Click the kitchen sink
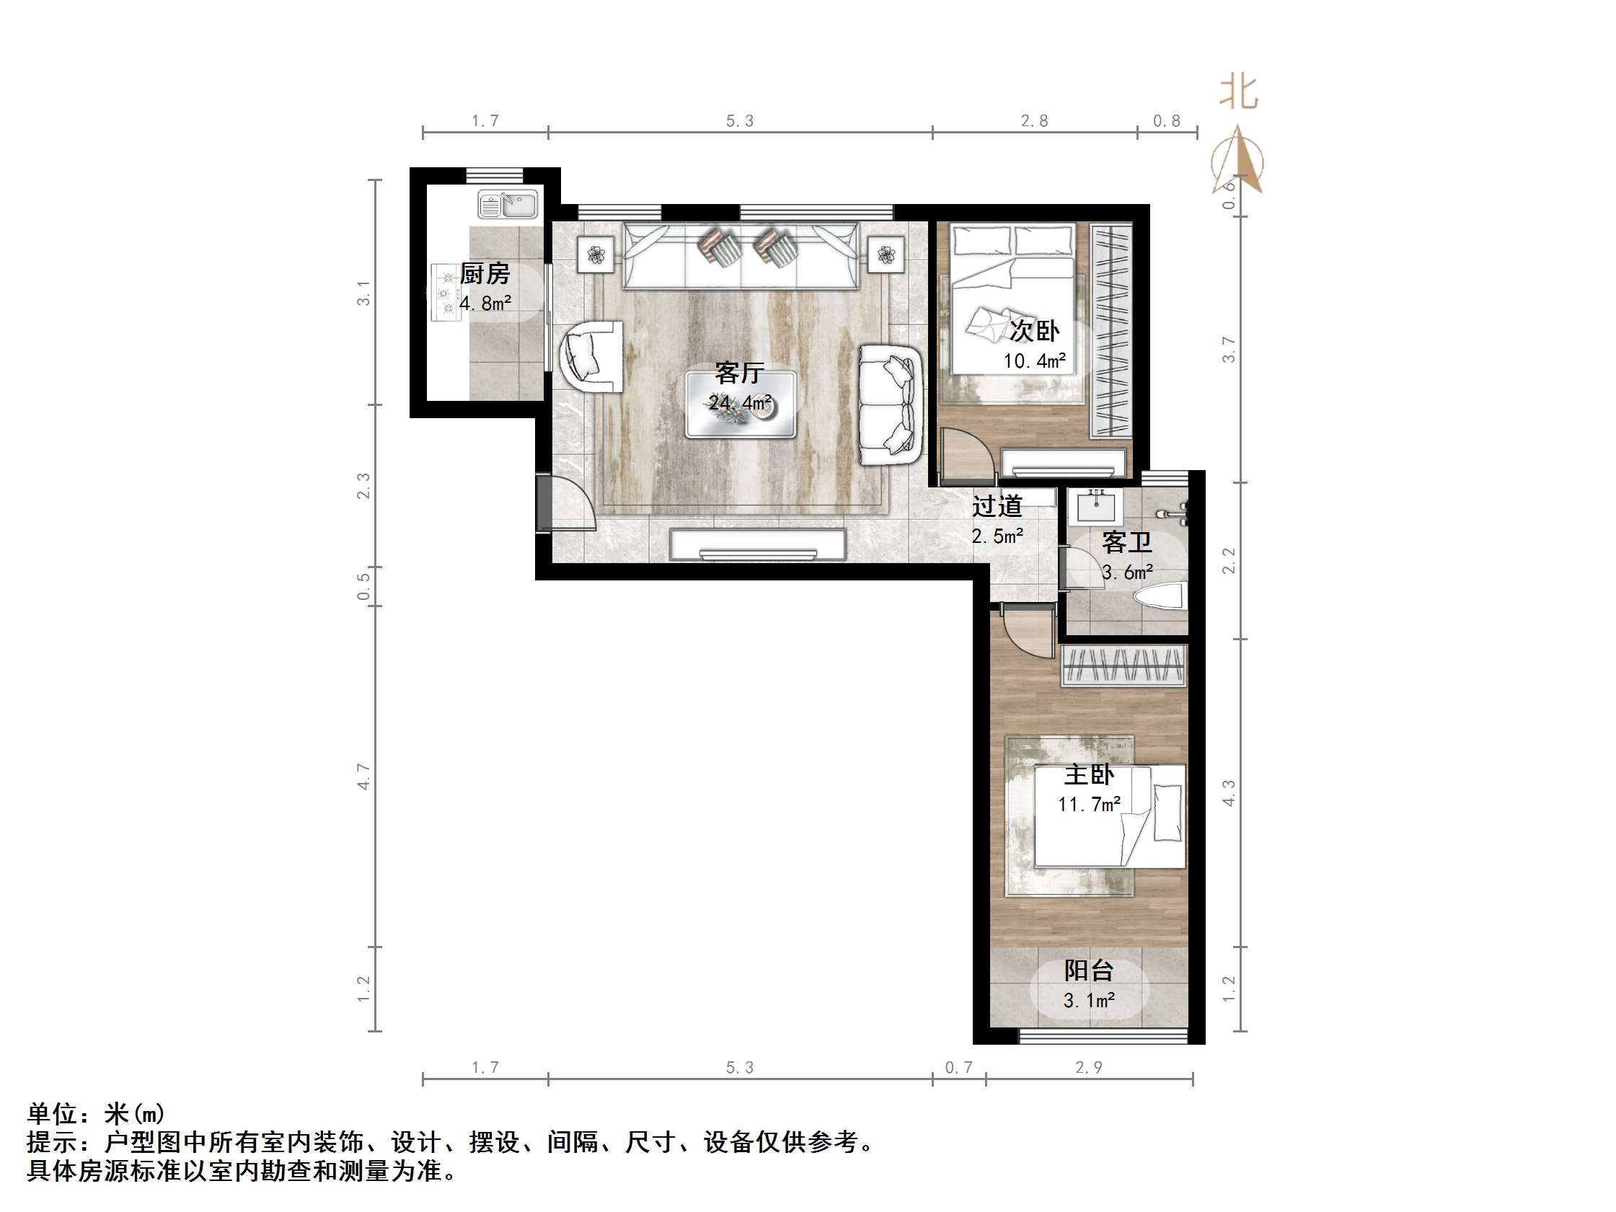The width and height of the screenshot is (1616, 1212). [x=508, y=204]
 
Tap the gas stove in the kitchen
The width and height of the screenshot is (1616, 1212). [x=443, y=292]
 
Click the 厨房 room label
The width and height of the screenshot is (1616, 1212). [x=485, y=274]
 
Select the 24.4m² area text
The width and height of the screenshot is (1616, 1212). [x=739, y=402]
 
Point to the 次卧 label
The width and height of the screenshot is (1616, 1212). [x=1035, y=331]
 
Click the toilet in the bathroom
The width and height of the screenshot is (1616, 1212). [x=1161, y=596]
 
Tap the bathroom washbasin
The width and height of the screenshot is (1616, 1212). [x=1096, y=505]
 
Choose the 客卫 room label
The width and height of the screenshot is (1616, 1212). [x=1126, y=542]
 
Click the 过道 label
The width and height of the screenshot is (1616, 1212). [x=997, y=506]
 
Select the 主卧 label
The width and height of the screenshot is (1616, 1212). [x=1089, y=774]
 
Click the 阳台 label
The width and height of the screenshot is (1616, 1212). [x=1089, y=970]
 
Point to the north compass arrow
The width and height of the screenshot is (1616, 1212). [x=1237, y=161]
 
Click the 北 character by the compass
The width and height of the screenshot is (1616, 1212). [x=1239, y=94]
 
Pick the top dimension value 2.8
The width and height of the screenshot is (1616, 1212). [x=1034, y=121]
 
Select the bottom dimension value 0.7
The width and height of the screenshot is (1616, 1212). [x=958, y=1067]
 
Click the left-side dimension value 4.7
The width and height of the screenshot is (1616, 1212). [x=364, y=777]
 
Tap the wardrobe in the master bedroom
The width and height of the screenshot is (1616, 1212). [x=1123, y=665]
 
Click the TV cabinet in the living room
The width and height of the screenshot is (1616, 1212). [x=758, y=544]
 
